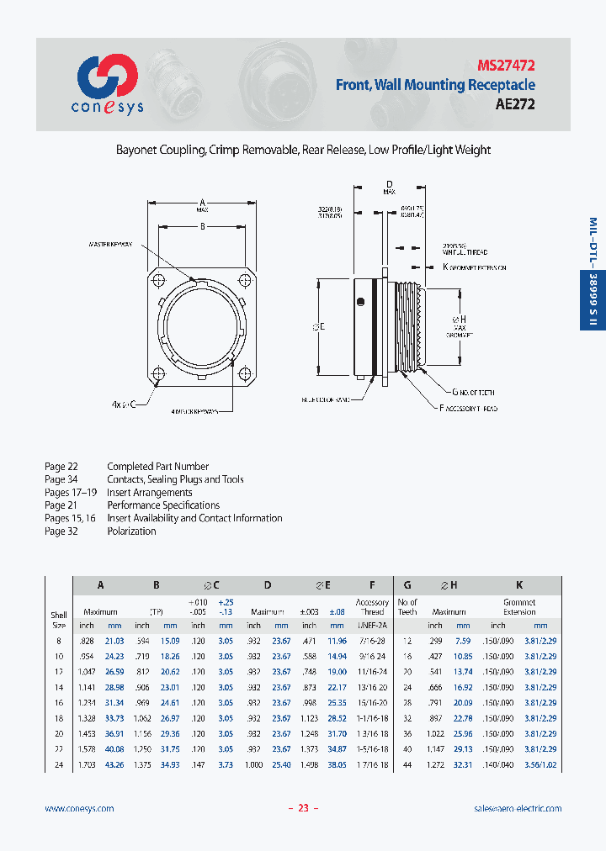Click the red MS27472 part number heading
tap(506, 65)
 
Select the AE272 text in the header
tap(514, 105)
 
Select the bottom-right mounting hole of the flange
tap(244, 374)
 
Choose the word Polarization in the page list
tap(131, 531)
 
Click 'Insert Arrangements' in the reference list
tap(150, 493)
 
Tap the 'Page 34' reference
tap(61, 479)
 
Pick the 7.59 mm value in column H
tap(463, 642)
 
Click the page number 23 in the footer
tap(303, 808)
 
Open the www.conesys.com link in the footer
tap(79, 808)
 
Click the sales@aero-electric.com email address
tap(518, 808)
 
